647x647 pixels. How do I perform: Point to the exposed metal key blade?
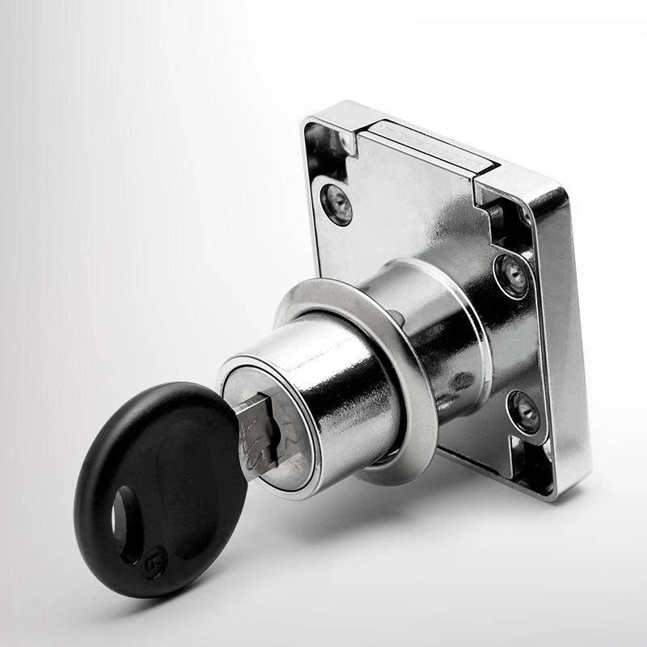coord(257,429)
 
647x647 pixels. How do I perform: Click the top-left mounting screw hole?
coord(336,203)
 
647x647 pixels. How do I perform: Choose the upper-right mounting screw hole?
coord(511,276)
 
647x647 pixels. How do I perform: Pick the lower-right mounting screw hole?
coord(523,408)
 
